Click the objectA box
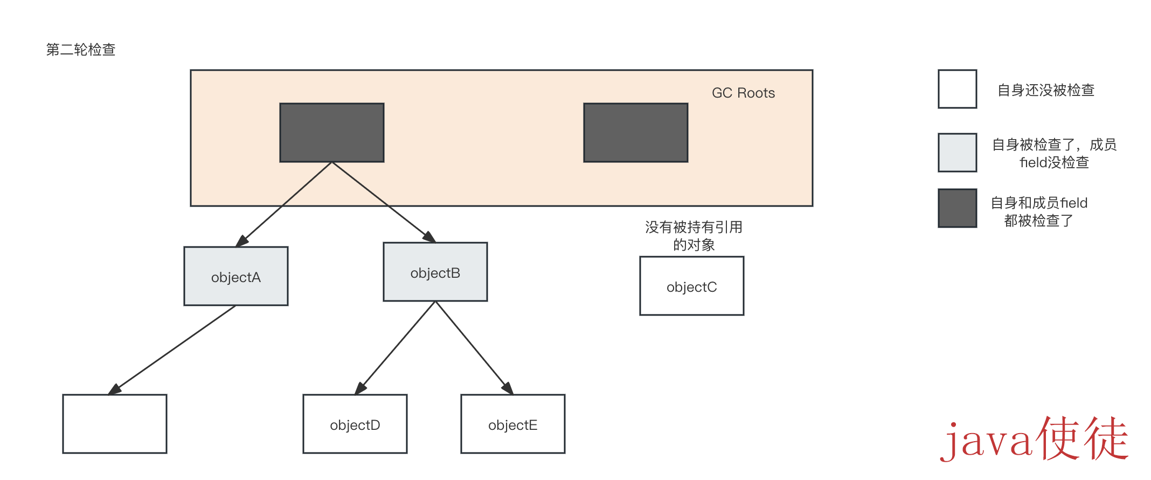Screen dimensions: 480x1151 point(235,276)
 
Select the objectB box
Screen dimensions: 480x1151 point(435,272)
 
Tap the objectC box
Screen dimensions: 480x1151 point(691,286)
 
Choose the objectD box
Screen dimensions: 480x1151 point(355,424)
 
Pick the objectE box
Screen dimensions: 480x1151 point(512,424)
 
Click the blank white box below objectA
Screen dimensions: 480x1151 point(114,424)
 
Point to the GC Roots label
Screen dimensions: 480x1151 point(743,93)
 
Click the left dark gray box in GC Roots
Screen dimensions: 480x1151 point(331,132)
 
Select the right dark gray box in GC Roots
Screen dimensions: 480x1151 point(635,132)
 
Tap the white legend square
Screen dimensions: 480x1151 point(957,89)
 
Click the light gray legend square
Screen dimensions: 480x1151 point(957,153)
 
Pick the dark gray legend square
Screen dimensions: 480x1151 point(957,208)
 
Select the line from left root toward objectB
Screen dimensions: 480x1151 point(360,183)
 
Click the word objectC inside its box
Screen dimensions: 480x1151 point(691,287)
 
